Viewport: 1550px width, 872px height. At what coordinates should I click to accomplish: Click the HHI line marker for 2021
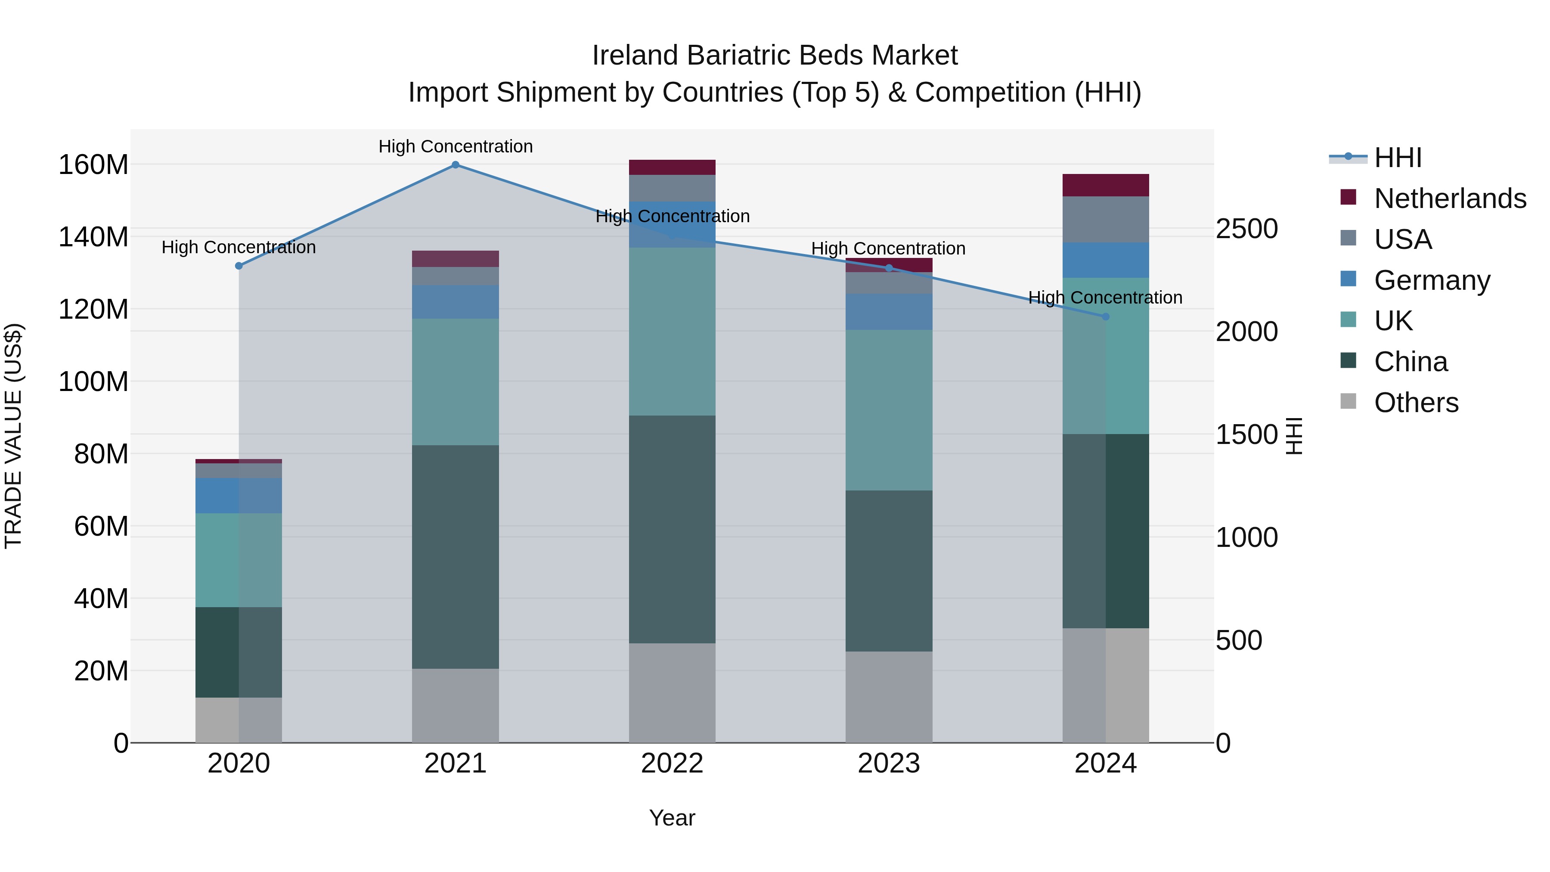456,165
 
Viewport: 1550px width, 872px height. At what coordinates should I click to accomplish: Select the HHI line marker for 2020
239,266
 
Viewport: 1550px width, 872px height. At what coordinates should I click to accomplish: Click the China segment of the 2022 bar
672,530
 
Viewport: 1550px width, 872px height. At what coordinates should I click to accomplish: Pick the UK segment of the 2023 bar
889,410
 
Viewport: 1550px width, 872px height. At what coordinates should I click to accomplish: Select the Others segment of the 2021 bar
456,705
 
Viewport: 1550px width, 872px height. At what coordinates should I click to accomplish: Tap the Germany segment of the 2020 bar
239,496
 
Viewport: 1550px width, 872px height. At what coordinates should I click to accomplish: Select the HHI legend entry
1397,158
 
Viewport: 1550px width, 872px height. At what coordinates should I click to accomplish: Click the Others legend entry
1416,403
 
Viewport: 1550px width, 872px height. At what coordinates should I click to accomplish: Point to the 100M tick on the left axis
93,382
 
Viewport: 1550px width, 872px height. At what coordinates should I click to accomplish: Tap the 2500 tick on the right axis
1246,229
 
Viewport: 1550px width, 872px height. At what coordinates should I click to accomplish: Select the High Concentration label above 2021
456,146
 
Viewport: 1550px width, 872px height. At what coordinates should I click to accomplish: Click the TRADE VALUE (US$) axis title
13,436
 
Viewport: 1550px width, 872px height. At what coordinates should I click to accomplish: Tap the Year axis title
672,818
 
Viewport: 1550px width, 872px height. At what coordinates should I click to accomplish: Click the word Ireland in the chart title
635,56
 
